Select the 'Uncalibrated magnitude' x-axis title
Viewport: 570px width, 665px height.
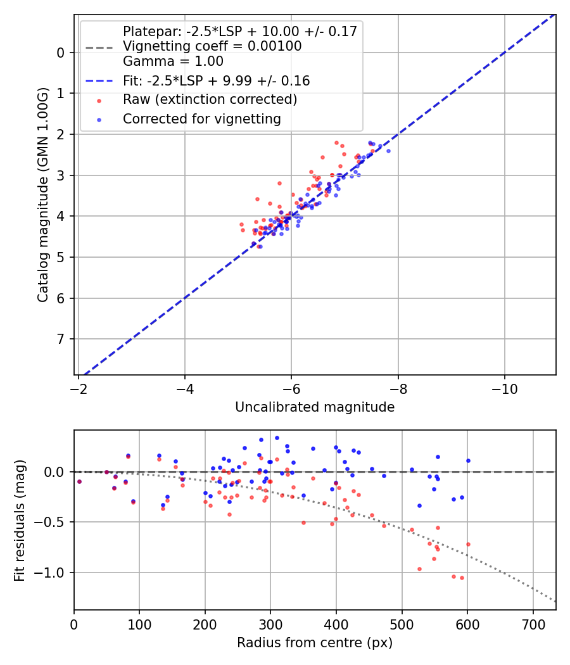[315, 407]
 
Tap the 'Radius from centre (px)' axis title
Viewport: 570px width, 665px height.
[315, 643]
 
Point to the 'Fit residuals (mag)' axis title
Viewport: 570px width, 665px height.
[20, 519]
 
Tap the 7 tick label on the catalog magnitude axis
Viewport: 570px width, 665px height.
[61, 339]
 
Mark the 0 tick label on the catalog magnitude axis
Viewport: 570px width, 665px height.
[61, 53]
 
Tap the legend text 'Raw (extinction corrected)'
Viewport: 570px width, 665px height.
[210, 99]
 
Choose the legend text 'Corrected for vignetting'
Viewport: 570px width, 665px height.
[202, 118]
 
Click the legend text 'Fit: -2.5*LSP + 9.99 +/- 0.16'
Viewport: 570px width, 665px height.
[216, 81]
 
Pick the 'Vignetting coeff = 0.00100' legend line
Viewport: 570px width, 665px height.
[212, 46]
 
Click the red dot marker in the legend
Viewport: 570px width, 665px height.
[98, 100]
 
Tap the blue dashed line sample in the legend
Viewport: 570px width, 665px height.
[98, 81]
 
